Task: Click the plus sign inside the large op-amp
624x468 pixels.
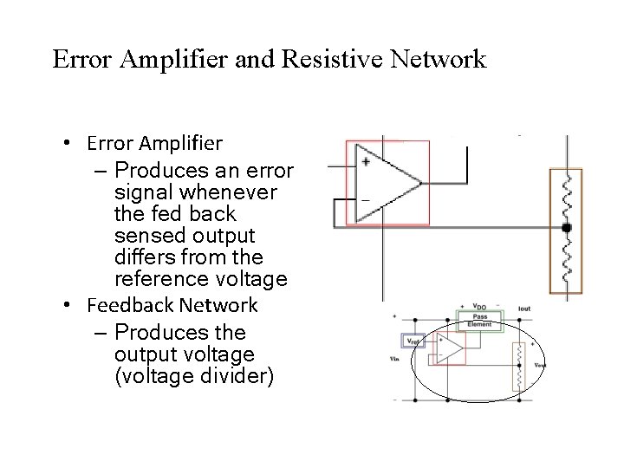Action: coord(367,162)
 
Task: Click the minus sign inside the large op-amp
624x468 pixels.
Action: coord(366,200)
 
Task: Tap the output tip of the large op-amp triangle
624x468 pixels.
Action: coord(420,182)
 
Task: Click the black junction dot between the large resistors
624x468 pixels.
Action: coord(567,228)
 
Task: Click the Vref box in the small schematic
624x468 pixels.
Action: coord(413,341)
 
